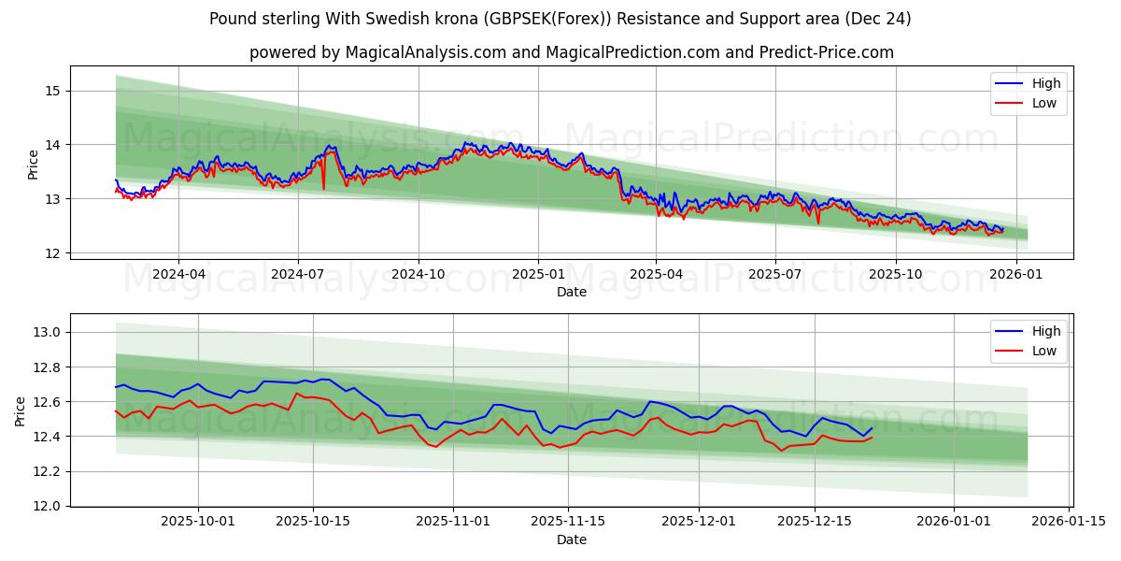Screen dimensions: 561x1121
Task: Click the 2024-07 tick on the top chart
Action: coord(298,275)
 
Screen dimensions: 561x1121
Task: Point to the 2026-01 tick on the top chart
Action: coord(1015,275)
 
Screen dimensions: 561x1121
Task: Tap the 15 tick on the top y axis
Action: coord(51,91)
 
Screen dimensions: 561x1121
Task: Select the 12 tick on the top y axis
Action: coord(51,253)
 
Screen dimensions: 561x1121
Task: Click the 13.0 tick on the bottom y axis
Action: coord(47,332)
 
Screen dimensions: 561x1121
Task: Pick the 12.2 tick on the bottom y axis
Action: coord(47,471)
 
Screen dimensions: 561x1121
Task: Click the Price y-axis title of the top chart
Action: coord(34,165)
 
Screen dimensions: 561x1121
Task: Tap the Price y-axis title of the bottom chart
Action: coord(21,410)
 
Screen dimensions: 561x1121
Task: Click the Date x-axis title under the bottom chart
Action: coord(571,539)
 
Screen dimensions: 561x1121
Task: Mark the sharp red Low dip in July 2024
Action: coord(324,188)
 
